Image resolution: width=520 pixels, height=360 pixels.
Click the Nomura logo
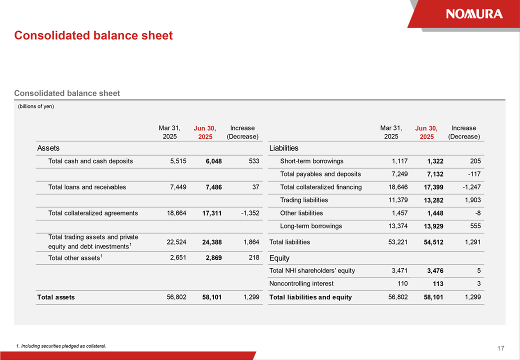[474, 14]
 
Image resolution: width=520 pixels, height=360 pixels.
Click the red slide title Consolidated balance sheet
[93, 35]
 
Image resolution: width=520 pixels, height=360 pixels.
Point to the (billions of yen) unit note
[36, 106]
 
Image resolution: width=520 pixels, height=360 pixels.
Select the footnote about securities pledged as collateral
[61, 346]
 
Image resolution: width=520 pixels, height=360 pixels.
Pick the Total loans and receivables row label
[87, 187]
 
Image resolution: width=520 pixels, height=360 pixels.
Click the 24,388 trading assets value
[212, 242]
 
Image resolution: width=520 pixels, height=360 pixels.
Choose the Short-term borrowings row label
[312, 161]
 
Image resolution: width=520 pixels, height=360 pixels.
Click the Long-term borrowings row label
[311, 226]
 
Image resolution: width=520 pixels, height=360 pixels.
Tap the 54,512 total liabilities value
[430, 242]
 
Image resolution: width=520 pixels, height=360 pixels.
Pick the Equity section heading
[279, 258]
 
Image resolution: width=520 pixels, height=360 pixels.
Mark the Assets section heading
[48, 148]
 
